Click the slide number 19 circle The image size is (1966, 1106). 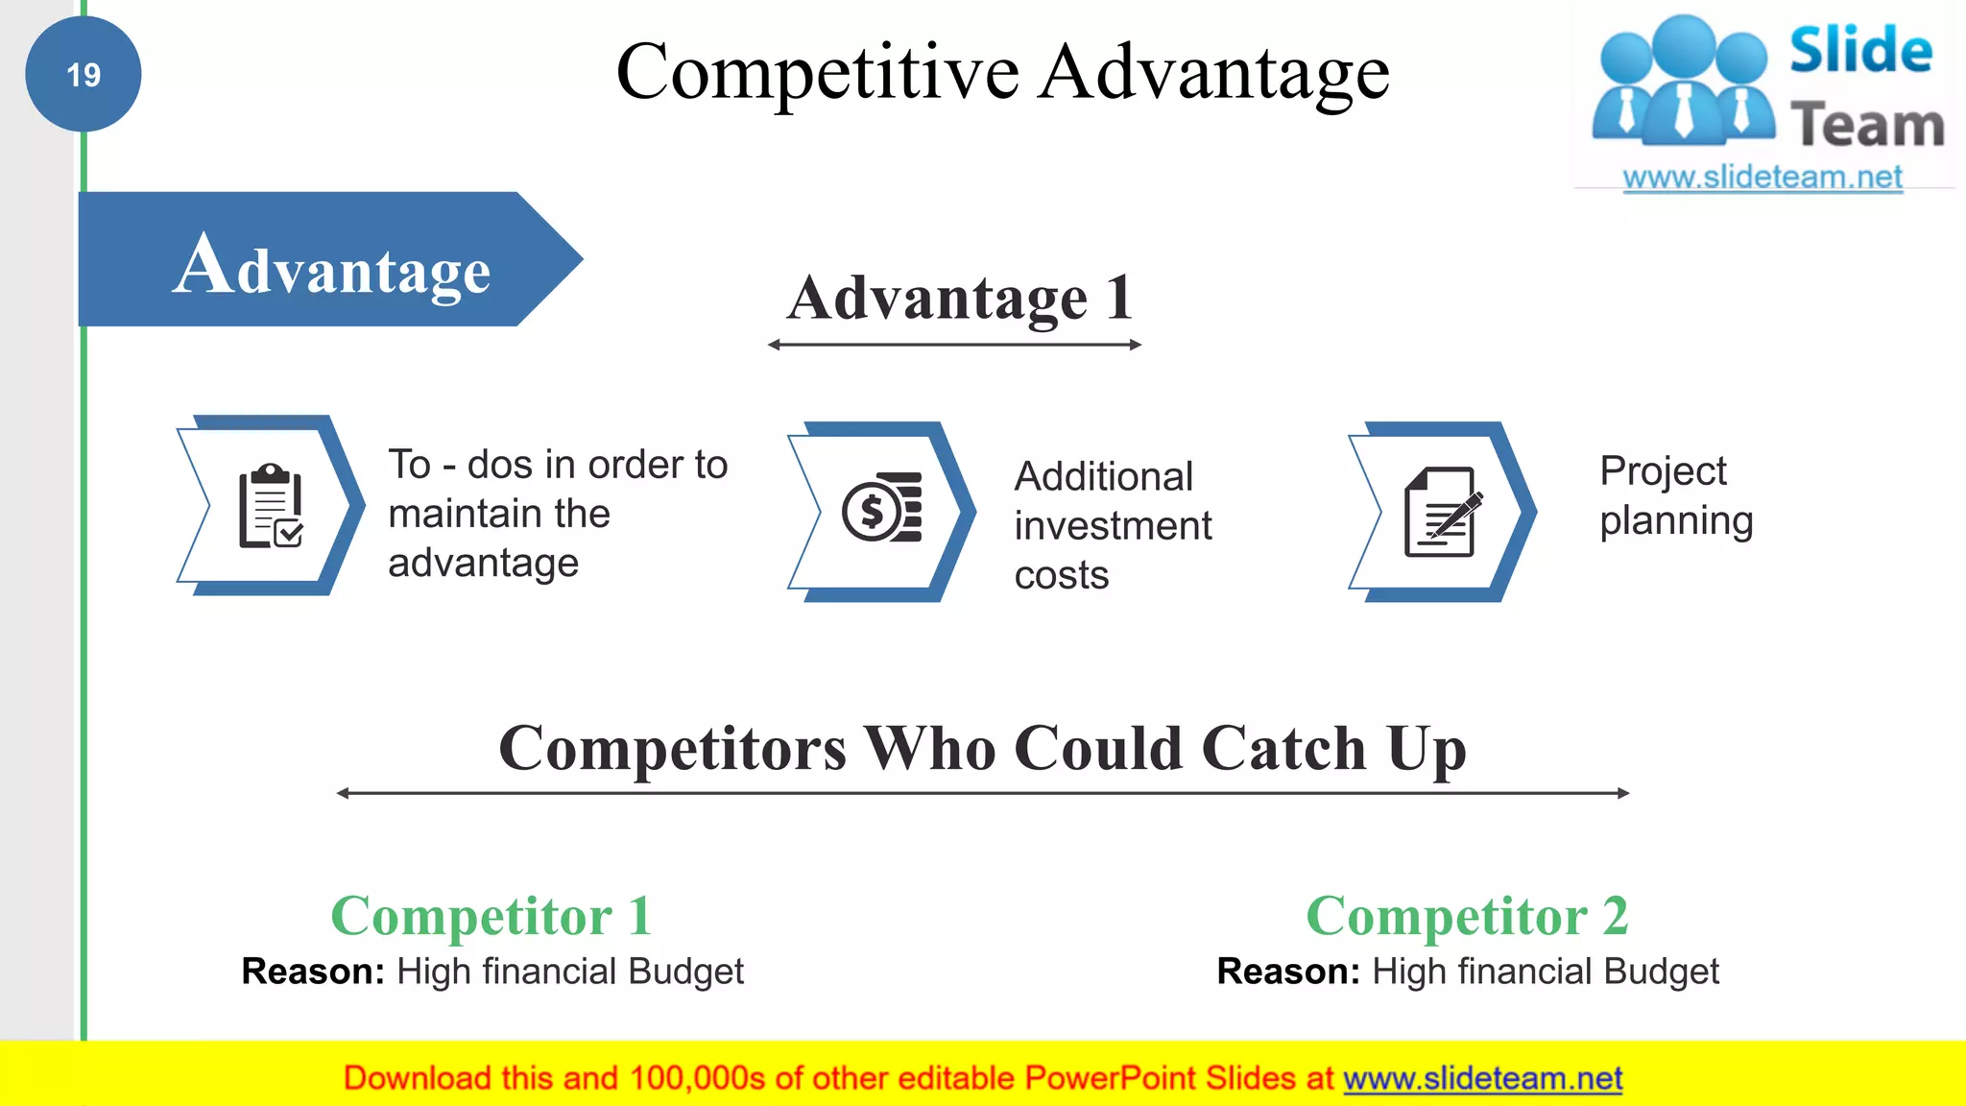point(84,74)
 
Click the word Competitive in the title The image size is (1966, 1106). point(817,72)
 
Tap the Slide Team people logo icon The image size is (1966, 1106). point(1683,82)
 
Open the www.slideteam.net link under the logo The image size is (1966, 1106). point(1762,178)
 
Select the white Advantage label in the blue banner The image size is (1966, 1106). point(332,266)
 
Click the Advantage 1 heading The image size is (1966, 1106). point(960,298)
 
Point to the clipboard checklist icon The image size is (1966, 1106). point(271,506)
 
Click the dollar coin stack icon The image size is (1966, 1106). point(881,508)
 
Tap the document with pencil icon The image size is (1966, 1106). point(1442,513)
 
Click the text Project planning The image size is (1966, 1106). point(1676,495)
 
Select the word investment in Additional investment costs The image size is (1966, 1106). point(1113,526)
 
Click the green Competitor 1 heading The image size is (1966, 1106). point(491,915)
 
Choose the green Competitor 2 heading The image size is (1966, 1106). point(1467,915)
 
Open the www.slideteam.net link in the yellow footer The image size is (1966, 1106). point(1482,1078)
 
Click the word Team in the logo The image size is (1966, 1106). point(1867,126)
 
